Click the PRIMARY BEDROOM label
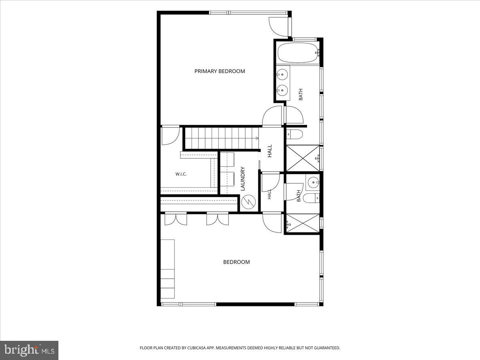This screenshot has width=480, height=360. [220, 71]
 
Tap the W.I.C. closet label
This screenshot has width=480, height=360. [181, 174]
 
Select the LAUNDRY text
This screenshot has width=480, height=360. [243, 179]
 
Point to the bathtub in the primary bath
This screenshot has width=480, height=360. [298, 53]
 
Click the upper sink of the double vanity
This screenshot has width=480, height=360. [282, 74]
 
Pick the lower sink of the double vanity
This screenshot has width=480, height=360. [282, 90]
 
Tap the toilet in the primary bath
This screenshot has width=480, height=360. [294, 134]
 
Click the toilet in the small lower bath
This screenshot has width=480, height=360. [311, 198]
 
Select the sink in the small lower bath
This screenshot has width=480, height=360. [313, 182]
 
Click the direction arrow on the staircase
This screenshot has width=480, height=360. [257, 138]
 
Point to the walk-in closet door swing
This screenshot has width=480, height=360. [170, 136]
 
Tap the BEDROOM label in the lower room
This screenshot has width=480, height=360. [236, 262]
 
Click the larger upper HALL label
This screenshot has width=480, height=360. [270, 151]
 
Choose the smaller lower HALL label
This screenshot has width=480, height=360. [270, 194]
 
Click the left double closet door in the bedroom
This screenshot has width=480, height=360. [176, 218]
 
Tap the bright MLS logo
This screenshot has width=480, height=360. [29, 350]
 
